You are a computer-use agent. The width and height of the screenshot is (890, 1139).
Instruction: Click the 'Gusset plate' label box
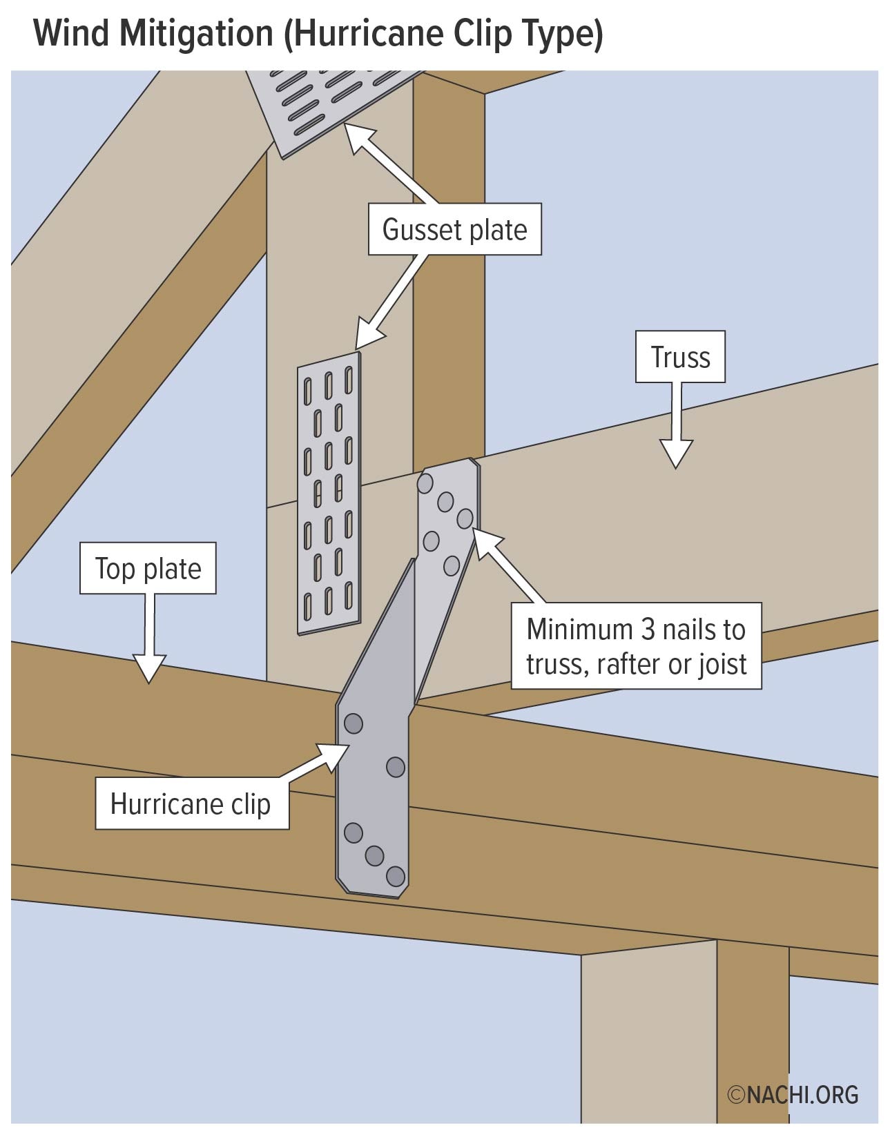[x=454, y=229]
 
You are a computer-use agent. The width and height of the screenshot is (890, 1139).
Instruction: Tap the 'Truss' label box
[x=680, y=357]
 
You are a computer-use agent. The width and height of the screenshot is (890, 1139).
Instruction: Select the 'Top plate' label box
[x=148, y=568]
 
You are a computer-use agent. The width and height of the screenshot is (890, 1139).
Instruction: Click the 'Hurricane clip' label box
[x=191, y=804]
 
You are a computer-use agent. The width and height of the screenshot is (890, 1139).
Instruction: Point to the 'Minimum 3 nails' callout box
[x=636, y=646]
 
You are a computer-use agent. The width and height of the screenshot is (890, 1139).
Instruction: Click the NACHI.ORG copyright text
[x=793, y=1095]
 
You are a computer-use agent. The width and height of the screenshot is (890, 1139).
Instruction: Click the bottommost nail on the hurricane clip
[x=396, y=877]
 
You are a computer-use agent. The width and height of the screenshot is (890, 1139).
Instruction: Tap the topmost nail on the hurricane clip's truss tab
[x=426, y=483]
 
